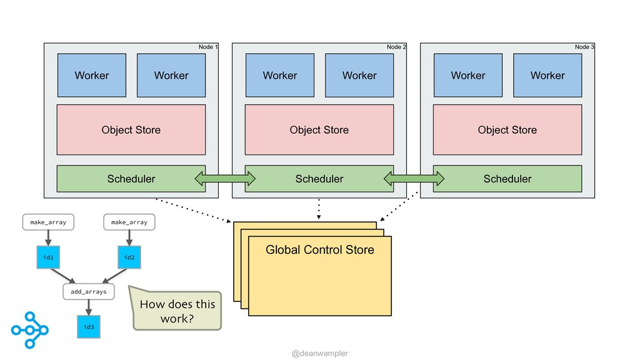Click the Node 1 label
[207, 47]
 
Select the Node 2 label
[396, 47]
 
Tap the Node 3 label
[584, 47]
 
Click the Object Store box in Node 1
[131, 130]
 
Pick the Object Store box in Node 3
[507, 130]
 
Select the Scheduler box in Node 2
[319, 179]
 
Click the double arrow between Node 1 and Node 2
[225, 178]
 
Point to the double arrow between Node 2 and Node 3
[414, 178]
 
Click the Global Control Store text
[320, 250]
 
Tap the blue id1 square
[48, 257]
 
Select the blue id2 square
[129, 257]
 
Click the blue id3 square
[89, 326]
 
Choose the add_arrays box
[89, 291]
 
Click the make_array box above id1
[48, 222]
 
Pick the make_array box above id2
[129, 222]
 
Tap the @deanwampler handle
[320, 353]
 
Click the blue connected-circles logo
[30, 330]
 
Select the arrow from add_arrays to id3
[89, 307]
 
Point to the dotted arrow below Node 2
[319, 209]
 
